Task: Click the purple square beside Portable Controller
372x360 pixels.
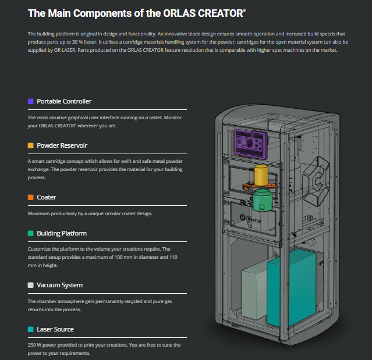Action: click(30, 101)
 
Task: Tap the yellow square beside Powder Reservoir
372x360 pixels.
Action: click(30, 145)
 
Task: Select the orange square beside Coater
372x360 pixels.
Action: click(30, 197)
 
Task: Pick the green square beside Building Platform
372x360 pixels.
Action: click(30, 233)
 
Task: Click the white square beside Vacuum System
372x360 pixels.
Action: click(30, 285)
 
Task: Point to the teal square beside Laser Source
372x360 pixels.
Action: click(30, 329)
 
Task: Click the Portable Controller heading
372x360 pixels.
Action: click(64, 101)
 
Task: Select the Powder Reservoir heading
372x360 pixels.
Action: click(62, 145)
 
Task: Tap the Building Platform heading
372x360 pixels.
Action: click(62, 233)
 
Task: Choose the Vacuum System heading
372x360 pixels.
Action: click(59, 285)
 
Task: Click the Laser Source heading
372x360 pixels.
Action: click(55, 329)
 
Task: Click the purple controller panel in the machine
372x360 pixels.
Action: click(250, 142)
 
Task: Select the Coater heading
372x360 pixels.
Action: click(47, 197)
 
